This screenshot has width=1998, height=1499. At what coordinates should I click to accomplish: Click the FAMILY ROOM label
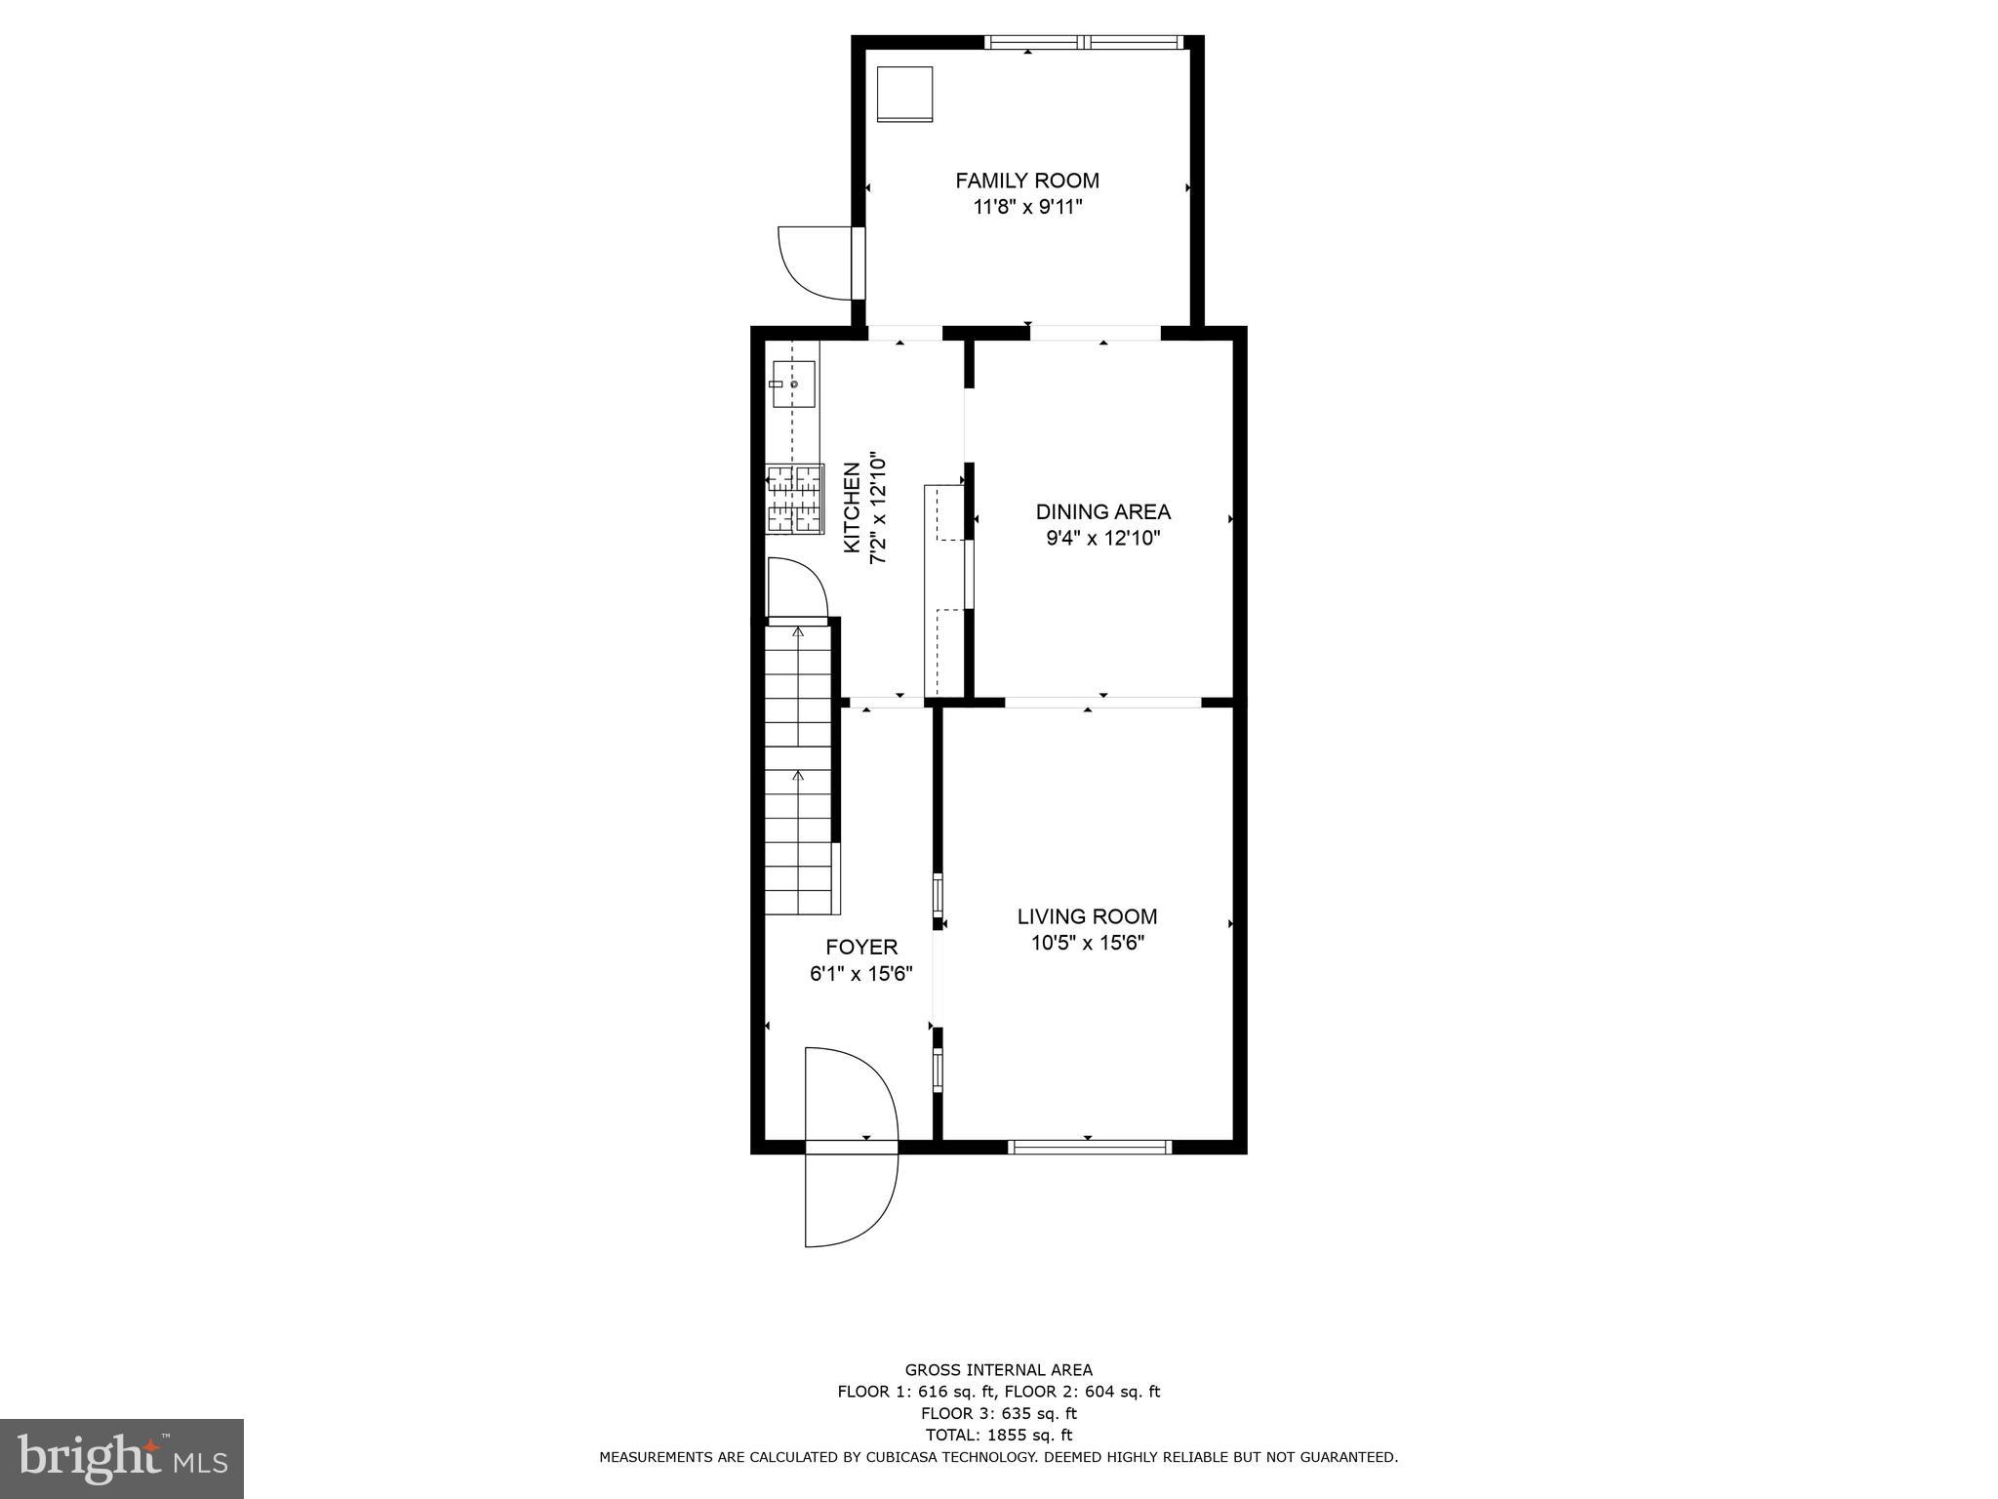pyautogui.click(x=1026, y=181)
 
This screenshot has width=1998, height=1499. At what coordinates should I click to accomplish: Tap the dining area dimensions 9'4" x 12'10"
pyautogui.click(x=1102, y=538)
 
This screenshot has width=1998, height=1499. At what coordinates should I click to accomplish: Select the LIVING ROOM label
pyautogui.click(x=1087, y=916)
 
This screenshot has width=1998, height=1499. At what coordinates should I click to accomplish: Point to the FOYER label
pyautogui.click(x=861, y=947)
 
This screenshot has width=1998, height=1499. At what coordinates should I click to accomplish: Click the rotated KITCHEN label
pyautogui.click(x=852, y=507)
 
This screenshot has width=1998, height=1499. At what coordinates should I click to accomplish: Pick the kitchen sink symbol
pyautogui.click(x=792, y=385)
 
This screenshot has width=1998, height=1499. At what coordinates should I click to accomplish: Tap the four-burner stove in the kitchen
pyautogui.click(x=794, y=499)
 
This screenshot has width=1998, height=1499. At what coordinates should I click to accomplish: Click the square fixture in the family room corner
pyautogui.click(x=904, y=94)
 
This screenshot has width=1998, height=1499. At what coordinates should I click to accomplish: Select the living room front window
pyautogui.click(x=1089, y=1147)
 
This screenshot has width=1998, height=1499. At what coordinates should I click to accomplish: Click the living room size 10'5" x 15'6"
pyautogui.click(x=1087, y=943)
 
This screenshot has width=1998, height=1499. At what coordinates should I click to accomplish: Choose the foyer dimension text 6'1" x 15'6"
pyautogui.click(x=860, y=973)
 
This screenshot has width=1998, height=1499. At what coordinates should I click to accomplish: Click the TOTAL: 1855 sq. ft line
pyautogui.click(x=998, y=1435)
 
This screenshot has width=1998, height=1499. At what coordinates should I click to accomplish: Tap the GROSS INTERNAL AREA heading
pyautogui.click(x=998, y=1370)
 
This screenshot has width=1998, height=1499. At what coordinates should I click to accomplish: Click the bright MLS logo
pyautogui.click(x=122, y=1457)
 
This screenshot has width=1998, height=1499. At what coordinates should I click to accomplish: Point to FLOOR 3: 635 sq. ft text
pyautogui.click(x=998, y=1413)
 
